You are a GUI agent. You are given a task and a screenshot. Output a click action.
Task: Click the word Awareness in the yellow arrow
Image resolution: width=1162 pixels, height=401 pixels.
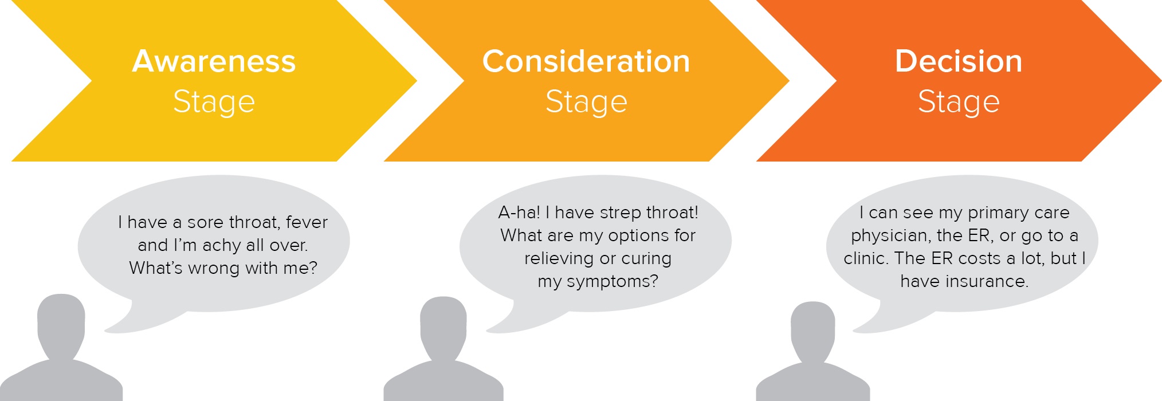(x=214, y=61)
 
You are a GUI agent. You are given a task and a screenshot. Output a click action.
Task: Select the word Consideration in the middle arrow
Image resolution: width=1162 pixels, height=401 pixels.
(x=586, y=61)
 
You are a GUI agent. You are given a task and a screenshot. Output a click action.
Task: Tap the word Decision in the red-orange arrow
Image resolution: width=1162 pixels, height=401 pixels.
(x=959, y=61)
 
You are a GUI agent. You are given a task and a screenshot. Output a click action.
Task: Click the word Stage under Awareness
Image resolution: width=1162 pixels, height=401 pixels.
(x=214, y=103)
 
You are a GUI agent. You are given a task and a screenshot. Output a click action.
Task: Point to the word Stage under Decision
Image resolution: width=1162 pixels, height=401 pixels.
(x=959, y=103)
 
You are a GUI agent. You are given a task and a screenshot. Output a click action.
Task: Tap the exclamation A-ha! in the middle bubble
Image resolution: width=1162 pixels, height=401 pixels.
(x=519, y=213)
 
